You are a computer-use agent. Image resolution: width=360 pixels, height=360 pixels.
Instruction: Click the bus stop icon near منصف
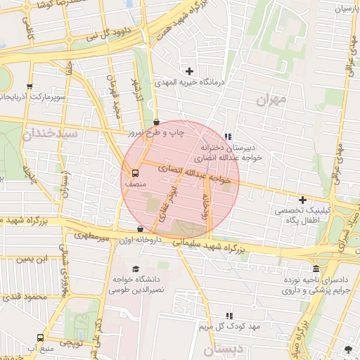[x=134, y=173]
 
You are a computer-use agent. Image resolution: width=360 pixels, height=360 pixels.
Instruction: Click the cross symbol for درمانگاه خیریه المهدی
[x=189, y=70]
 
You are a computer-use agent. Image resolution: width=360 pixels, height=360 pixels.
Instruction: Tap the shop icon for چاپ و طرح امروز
[x=155, y=122]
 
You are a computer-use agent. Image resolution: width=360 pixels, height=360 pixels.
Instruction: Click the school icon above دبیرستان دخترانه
[x=227, y=136]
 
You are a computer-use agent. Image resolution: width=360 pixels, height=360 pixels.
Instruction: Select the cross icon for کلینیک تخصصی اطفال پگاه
[x=303, y=200]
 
